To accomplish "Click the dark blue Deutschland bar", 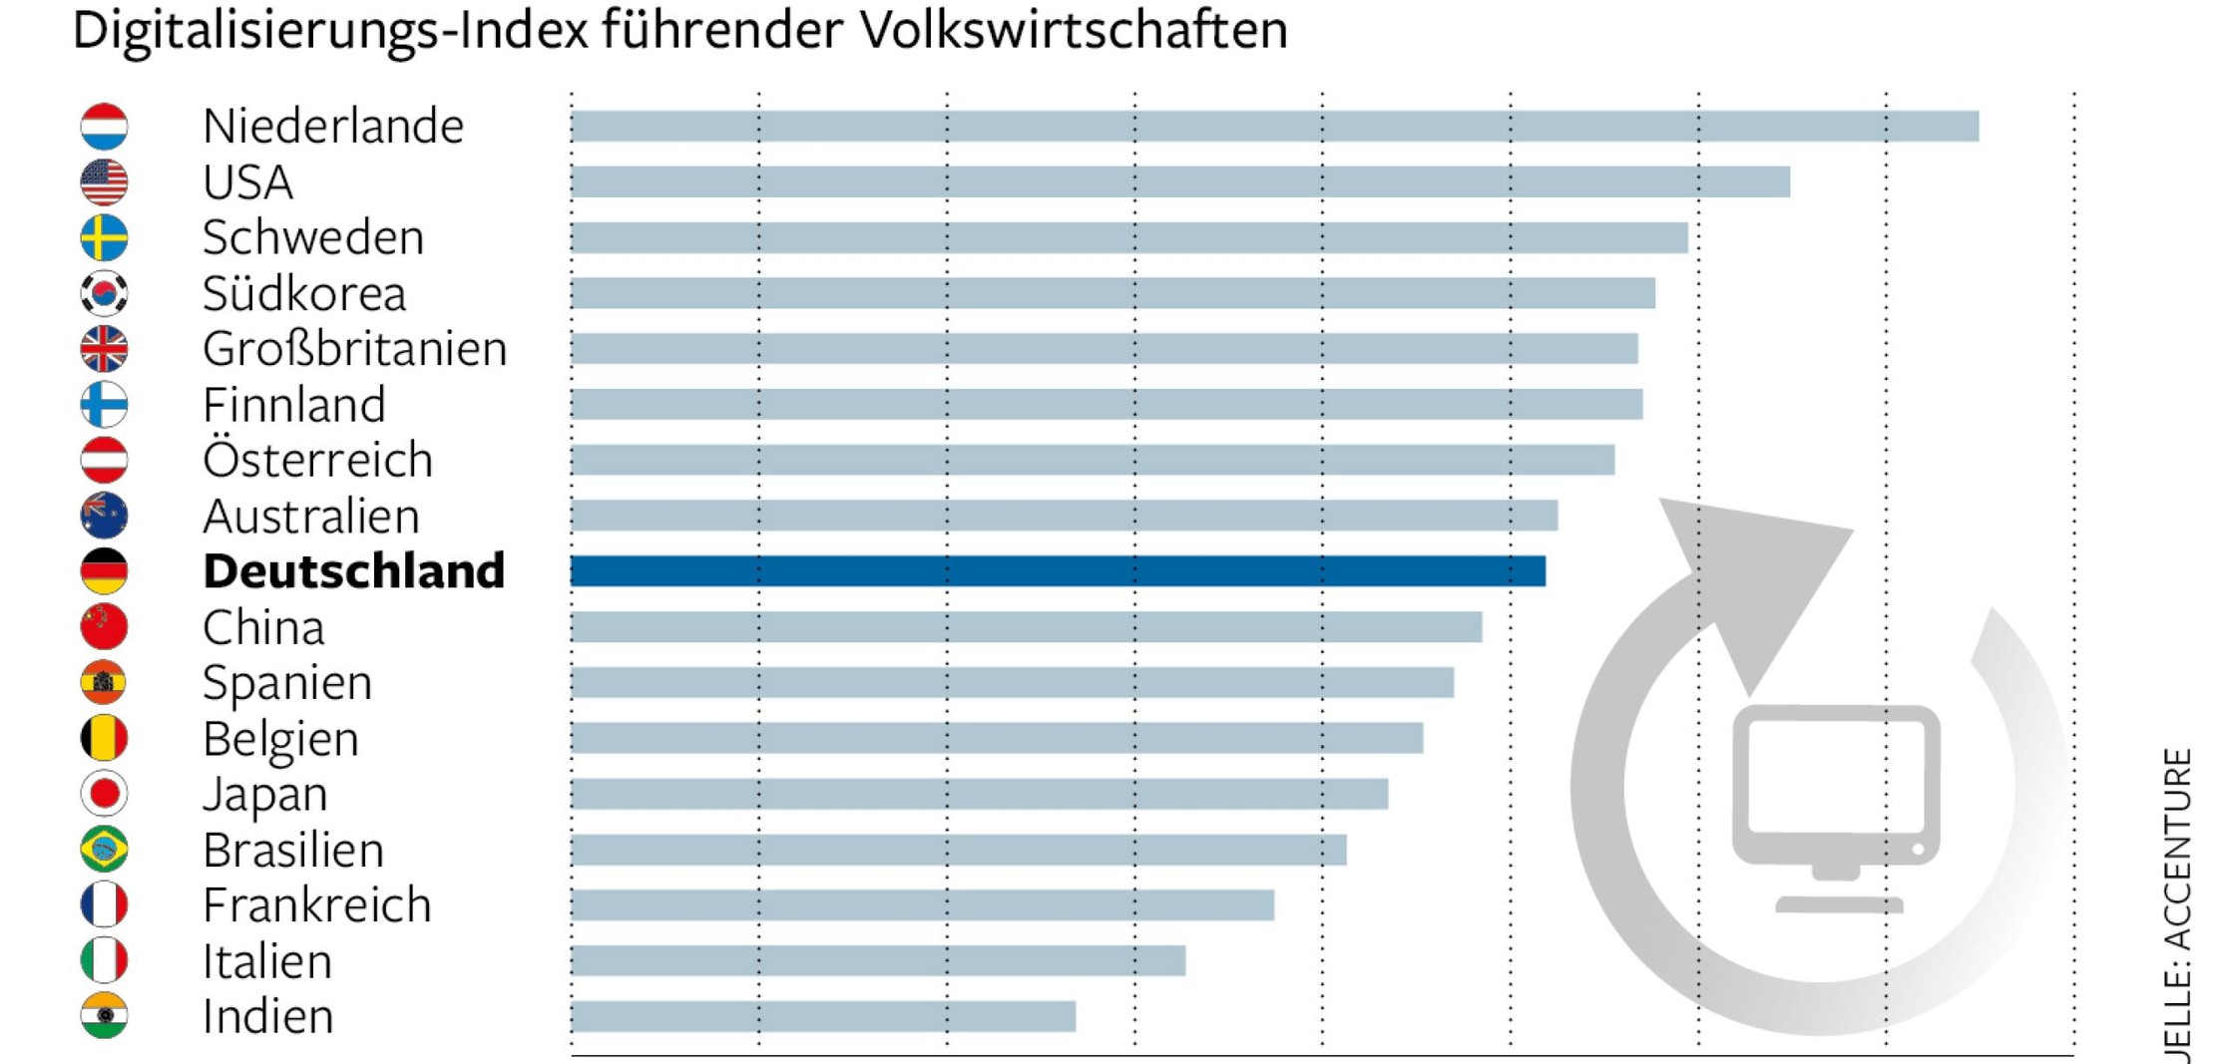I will pyautogui.click(x=1058, y=571).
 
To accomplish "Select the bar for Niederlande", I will pyautogui.click(x=1274, y=127).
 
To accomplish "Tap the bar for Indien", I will pyautogui.click(x=823, y=1016).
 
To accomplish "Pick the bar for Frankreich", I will pyautogui.click(x=922, y=904).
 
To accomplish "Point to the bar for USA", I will pyautogui.click(x=1180, y=181).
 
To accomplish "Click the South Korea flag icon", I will pyautogui.click(x=104, y=293).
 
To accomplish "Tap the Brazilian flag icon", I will pyautogui.click(x=104, y=850).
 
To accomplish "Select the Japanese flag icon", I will pyautogui.click(x=104, y=794).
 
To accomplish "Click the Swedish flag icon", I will pyautogui.click(x=104, y=237).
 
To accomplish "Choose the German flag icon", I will pyautogui.click(x=104, y=571).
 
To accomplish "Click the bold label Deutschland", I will pyautogui.click(x=353, y=571).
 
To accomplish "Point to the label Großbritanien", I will pyautogui.click(x=354, y=349).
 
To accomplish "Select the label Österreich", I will pyautogui.click(x=317, y=460).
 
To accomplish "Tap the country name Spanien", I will pyautogui.click(x=286, y=683).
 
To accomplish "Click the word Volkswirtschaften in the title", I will pyautogui.click(x=1074, y=30).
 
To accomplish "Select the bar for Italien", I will pyautogui.click(x=878, y=960).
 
